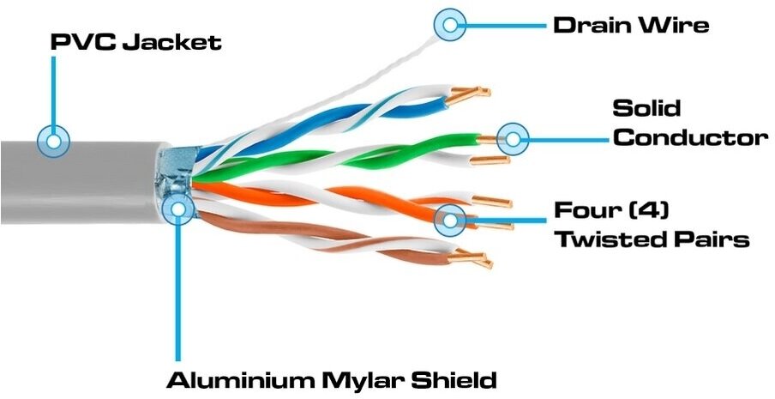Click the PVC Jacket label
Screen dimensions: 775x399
click(x=135, y=40)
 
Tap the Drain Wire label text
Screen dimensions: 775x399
click(x=630, y=24)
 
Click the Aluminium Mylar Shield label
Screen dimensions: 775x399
click(x=331, y=379)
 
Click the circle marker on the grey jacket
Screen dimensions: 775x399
click(x=56, y=140)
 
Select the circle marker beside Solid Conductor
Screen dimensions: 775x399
click(x=513, y=136)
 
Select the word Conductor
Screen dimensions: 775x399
click(x=689, y=137)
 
